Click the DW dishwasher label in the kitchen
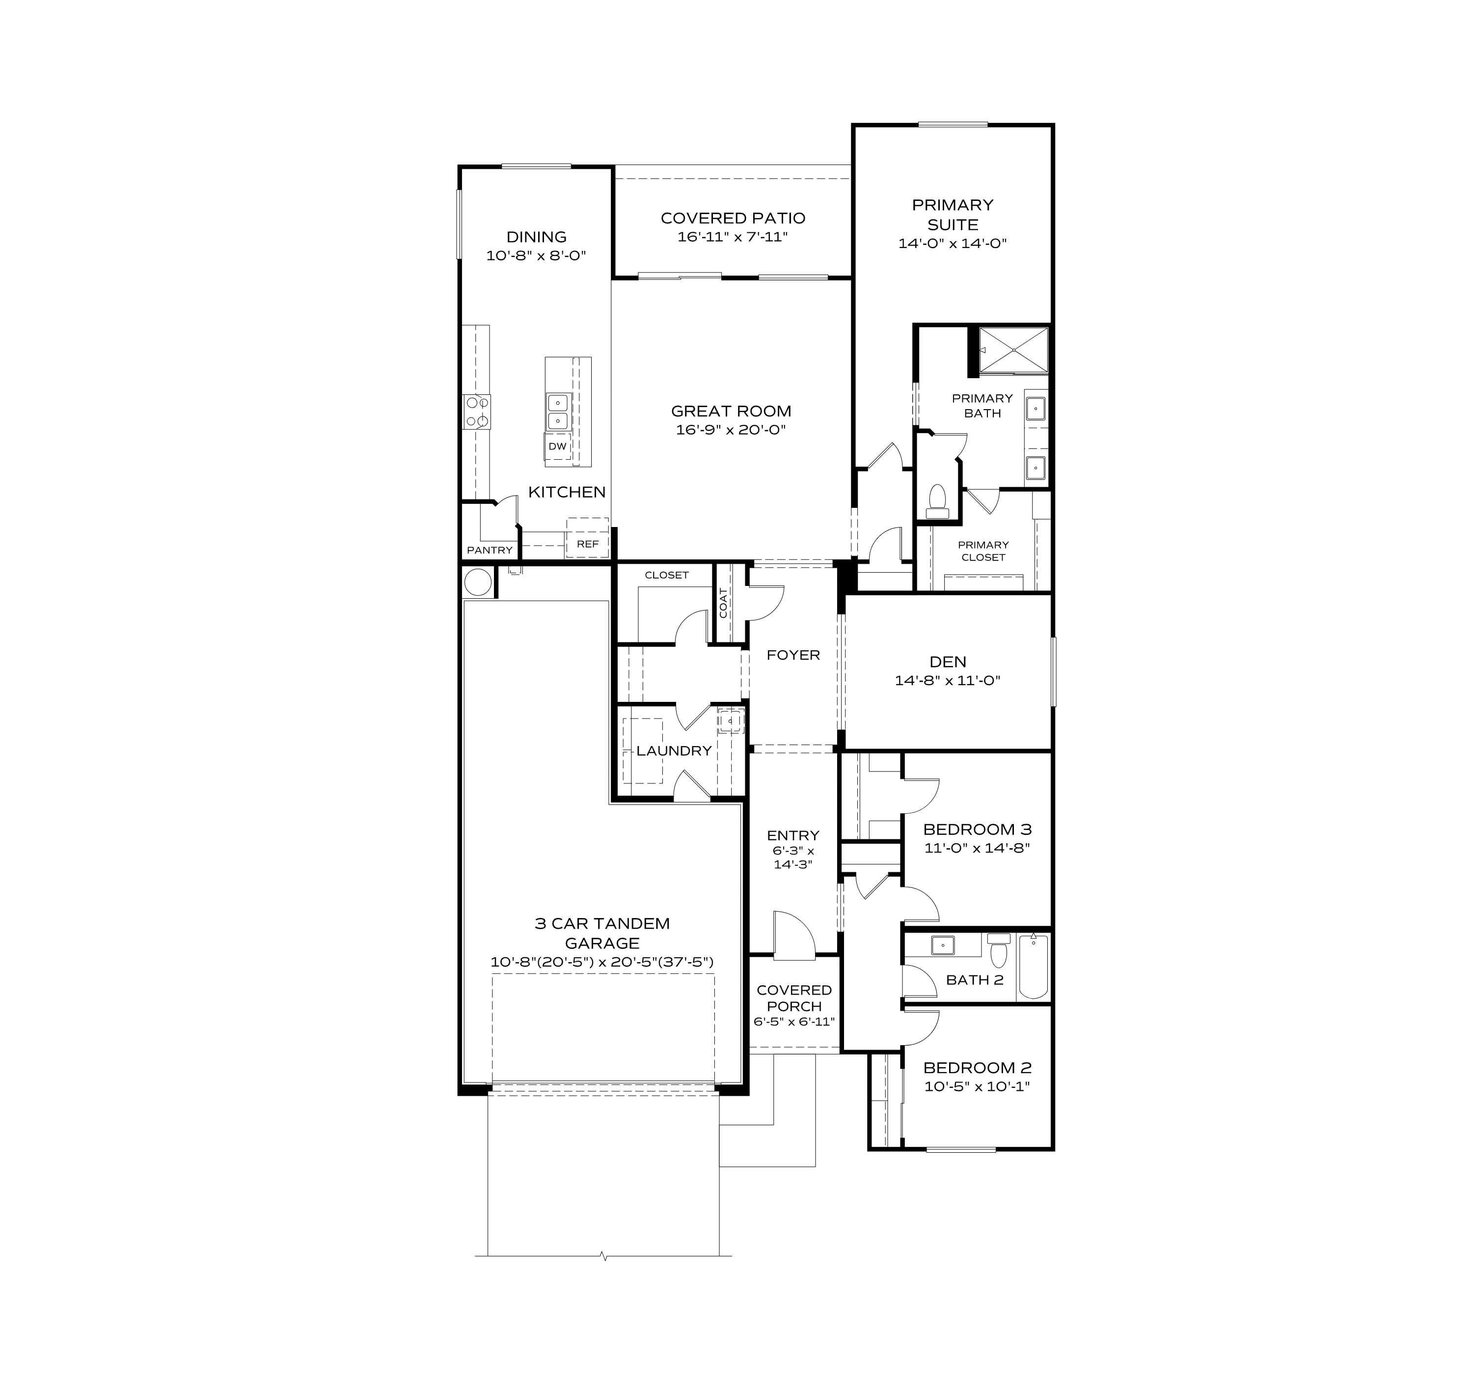(x=557, y=446)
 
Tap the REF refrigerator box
(x=588, y=543)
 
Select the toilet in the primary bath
(x=938, y=501)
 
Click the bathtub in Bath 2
(x=1033, y=967)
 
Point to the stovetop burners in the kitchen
(x=476, y=412)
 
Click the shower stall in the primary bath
(x=1013, y=349)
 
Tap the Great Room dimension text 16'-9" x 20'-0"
(x=731, y=430)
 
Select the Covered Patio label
(x=733, y=218)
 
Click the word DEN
(x=948, y=662)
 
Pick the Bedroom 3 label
(x=977, y=829)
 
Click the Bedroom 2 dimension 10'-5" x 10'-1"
(x=977, y=1086)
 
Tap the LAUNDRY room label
(x=674, y=750)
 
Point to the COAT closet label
(x=724, y=603)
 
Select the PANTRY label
(x=489, y=550)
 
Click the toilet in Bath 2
(x=999, y=953)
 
